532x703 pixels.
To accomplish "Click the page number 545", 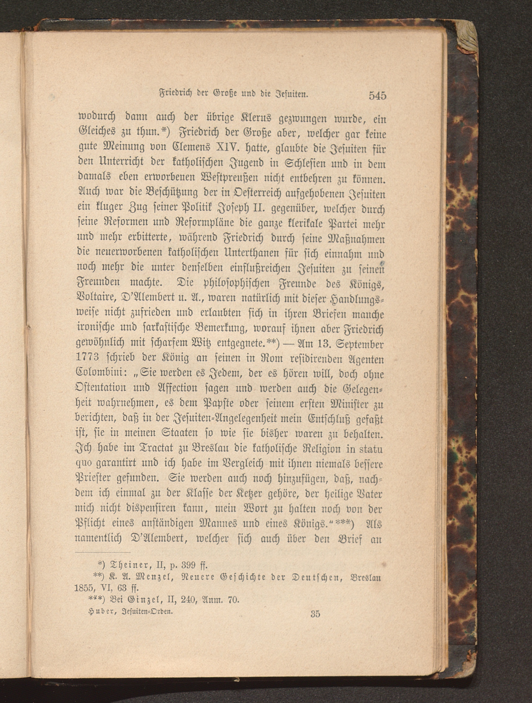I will (x=378, y=95).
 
